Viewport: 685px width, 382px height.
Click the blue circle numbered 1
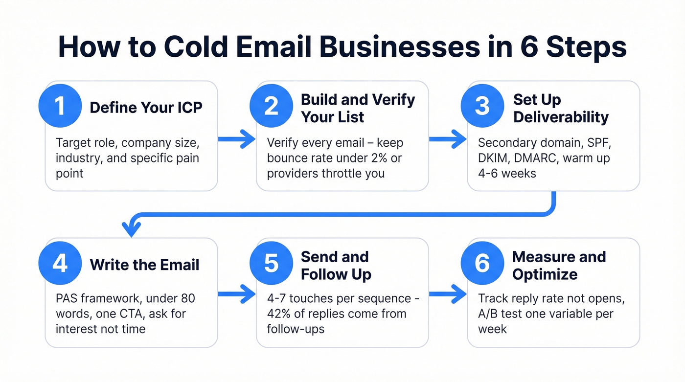click(x=60, y=106)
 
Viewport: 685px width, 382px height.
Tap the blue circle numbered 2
click(x=271, y=106)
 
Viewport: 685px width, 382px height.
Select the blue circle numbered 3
click(x=482, y=106)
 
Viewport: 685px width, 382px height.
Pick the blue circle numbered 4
click(x=60, y=263)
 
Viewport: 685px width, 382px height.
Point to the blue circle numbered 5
click(x=271, y=263)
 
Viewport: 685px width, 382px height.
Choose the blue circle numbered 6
click(x=482, y=263)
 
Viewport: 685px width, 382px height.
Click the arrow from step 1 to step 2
click(x=236, y=140)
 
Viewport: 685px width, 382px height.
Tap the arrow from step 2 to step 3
click(x=448, y=140)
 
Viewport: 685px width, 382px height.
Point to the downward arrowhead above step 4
click(x=131, y=228)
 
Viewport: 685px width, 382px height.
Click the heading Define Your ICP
click(x=146, y=107)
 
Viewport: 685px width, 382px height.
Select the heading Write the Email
click(x=144, y=265)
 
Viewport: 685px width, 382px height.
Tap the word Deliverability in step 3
click(x=561, y=117)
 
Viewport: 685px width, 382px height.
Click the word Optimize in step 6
click(x=545, y=274)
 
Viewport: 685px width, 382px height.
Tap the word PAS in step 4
click(x=67, y=298)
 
